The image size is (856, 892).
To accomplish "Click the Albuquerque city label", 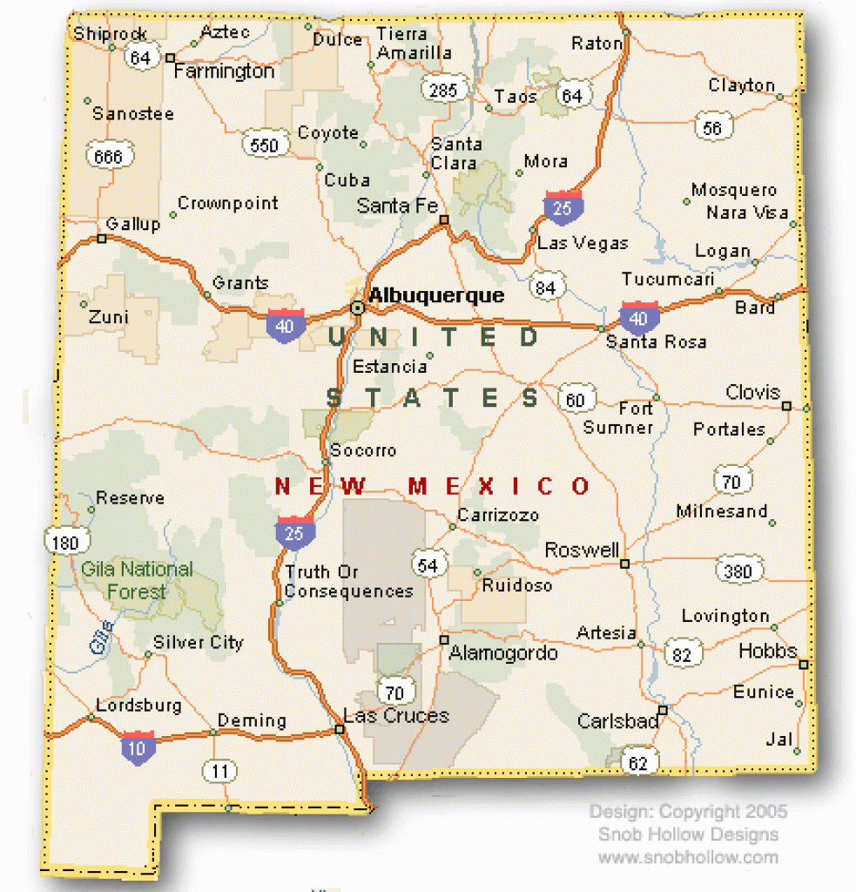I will click(x=436, y=296).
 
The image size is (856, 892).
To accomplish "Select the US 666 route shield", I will click(x=110, y=157).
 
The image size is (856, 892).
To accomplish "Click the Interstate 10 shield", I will click(x=139, y=747).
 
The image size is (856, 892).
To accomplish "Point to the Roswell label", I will click(x=582, y=551).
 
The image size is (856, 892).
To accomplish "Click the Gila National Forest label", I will click(x=137, y=581).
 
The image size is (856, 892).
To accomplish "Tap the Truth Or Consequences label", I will click(x=348, y=582).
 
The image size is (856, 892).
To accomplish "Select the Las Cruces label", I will click(x=396, y=716).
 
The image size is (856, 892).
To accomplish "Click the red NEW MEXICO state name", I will click(x=433, y=486).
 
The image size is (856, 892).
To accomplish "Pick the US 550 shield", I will click(x=264, y=145).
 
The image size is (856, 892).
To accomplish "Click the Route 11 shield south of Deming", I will click(x=221, y=770).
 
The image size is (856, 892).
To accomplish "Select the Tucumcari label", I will click(x=668, y=279).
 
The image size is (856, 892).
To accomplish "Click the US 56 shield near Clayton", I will click(x=712, y=127).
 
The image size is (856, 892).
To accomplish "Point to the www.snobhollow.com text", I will click(x=687, y=857).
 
